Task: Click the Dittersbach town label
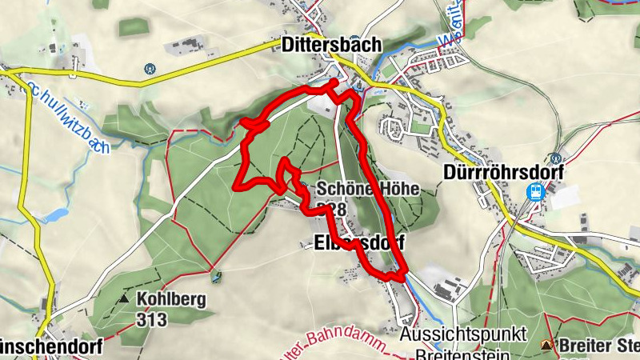(x=331, y=46)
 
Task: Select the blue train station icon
(x=535, y=192)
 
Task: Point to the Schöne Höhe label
(x=367, y=190)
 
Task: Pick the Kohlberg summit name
(x=171, y=299)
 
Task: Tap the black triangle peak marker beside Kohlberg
(x=124, y=299)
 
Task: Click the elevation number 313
(x=152, y=320)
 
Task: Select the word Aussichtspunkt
(x=463, y=334)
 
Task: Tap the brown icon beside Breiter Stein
(x=546, y=345)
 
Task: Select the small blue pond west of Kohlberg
(x=55, y=215)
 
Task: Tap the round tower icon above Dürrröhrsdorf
(x=555, y=158)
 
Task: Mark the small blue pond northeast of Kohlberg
(x=215, y=278)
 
